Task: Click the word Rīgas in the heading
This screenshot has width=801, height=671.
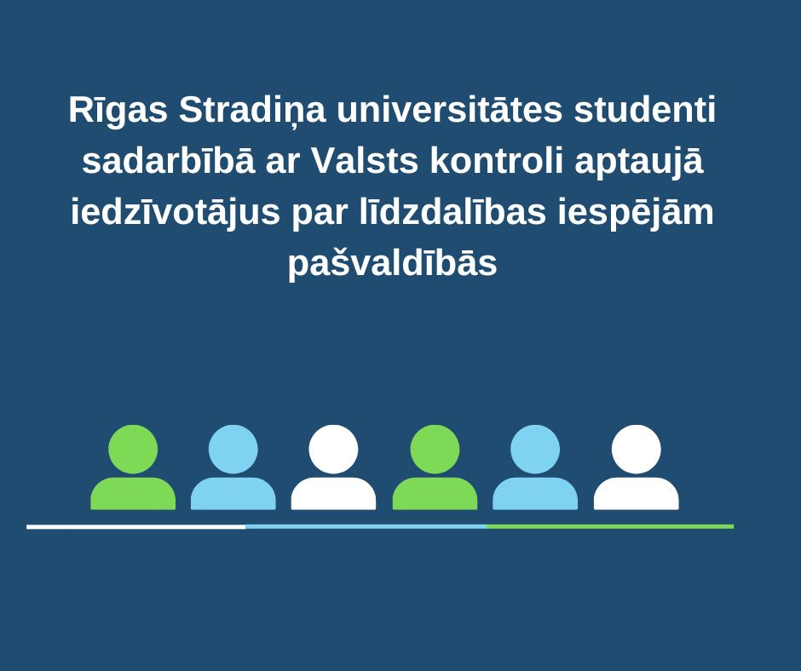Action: (x=118, y=110)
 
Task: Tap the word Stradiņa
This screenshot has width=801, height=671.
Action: (x=252, y=111)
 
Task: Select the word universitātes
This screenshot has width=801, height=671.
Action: (x=450, y=109)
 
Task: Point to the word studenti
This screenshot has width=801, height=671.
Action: (x=645, y=109)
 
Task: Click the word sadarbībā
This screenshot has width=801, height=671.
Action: (x=168, y=160)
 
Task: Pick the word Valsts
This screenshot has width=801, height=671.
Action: (x=365, y=160)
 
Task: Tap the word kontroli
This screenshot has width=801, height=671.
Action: (x=497, y=160)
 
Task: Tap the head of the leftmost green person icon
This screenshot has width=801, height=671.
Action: (x=133, y=450)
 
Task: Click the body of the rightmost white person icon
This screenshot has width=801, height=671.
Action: (x=636, y=494)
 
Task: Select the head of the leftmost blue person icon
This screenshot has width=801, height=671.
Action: (x=233, y=450)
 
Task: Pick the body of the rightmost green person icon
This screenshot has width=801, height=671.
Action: (x=435, y=494)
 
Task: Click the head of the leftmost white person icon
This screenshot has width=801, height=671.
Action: (x=333, y=450)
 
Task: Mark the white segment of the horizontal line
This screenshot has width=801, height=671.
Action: (x=135, y=526)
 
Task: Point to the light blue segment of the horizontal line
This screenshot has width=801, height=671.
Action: (x=366, y=526)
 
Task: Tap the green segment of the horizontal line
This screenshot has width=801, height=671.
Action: (x=610, y=526)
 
